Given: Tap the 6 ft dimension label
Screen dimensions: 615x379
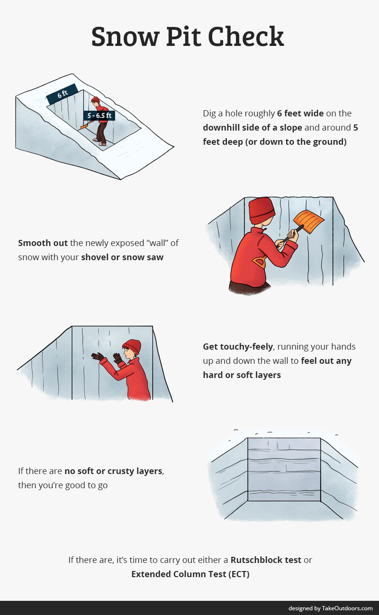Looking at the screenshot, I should (62, 94).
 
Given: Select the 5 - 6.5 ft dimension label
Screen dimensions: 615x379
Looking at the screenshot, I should (99, 115).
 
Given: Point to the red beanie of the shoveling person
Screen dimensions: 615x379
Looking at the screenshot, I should (262, 211).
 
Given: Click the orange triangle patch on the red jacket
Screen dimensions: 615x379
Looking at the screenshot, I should (258, 262).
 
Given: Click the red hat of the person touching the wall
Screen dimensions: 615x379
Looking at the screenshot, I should (132, 346).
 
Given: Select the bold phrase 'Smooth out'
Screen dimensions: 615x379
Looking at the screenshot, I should (43, 243).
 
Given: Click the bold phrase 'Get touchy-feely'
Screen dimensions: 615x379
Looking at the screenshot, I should (238, 347).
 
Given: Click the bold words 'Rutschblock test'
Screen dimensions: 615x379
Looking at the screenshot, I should (266, 560).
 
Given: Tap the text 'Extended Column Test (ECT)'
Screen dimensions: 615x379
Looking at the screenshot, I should (190, 574).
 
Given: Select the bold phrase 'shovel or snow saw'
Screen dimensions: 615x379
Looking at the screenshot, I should (122, 257).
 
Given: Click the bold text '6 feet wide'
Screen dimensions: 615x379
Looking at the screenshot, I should (300, 114).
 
